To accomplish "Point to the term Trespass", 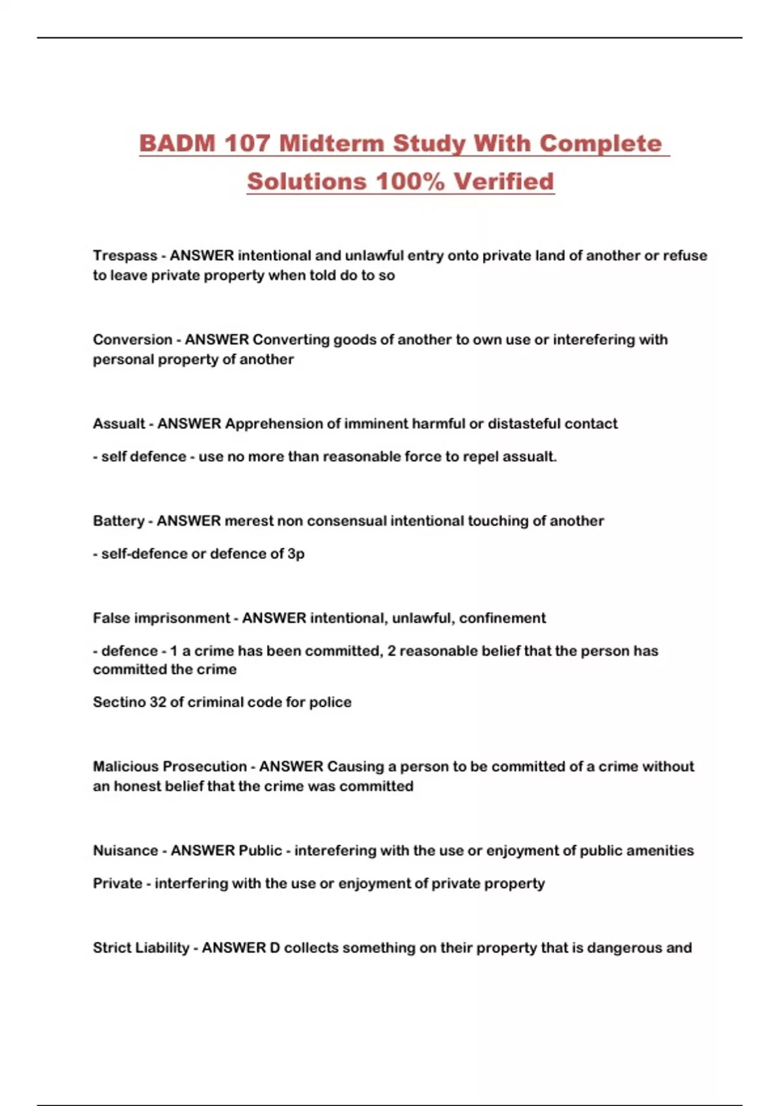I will (x=125, y=256).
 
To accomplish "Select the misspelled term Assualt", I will (x=119, y=424).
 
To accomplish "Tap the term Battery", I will (x=118, y=520).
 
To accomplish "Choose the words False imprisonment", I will (x=161, y=618).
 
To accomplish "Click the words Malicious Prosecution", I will (x=170, y=766).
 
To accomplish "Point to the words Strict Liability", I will (x=140, y=948).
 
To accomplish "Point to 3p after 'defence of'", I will (x=296, y=554).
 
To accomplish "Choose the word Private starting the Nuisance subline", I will (x=117, y=883).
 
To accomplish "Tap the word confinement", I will (x=502, y=618).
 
